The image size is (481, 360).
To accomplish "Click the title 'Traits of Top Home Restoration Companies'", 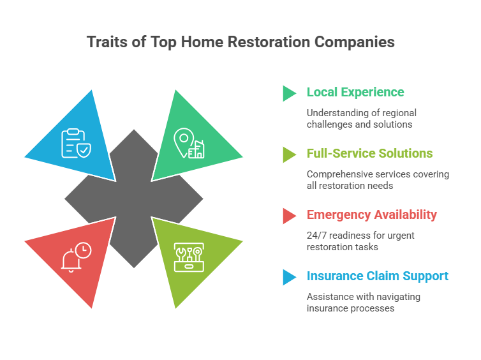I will pos(241,42).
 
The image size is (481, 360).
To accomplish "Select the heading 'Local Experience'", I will pos(355,92).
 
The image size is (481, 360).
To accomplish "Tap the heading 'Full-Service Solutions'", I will pos(369,153).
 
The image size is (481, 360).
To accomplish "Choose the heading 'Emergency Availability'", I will pos(371,214).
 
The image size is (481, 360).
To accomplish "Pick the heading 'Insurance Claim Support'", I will pos(377,276).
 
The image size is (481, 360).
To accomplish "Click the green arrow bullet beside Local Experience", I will pos(290,93).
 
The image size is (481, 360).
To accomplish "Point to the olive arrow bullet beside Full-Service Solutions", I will pos(290,154).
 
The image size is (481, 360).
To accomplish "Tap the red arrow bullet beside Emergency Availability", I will pos(290,216).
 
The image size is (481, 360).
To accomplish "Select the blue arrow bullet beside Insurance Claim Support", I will pos(290,277).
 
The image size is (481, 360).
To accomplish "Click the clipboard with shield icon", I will pos(75,143).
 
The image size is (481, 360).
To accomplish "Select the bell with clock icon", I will pos(76,257).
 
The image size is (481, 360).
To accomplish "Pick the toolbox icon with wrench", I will pos(189,257).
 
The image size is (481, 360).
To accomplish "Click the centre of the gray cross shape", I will pos(133,199).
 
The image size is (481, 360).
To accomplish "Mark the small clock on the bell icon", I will pos(83,250).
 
